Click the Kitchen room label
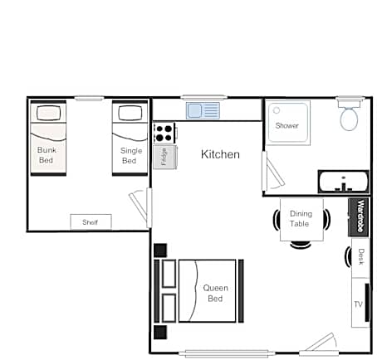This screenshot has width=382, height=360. (220, 154)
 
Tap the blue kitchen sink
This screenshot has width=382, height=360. (203, 110)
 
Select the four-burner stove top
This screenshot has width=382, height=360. (164, 133)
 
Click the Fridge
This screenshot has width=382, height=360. (165, 157)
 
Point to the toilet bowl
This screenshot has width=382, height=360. (349, 119)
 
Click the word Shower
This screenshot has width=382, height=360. (287, 126)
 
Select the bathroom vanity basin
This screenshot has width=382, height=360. (344, 182)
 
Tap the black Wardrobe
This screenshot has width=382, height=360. (359, 216)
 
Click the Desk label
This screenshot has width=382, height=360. (360, 256)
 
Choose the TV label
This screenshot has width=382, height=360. (358, 304)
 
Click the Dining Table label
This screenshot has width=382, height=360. (300, 218)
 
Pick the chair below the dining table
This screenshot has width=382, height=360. (301, 245)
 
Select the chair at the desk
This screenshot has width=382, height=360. (348, 257)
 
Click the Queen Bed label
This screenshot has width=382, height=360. (215, 293)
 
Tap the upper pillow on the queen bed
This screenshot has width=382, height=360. (169, 274)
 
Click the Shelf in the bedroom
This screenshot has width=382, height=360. (91, 221)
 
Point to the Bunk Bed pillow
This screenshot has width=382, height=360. (48, 113)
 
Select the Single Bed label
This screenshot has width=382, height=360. (130, 156)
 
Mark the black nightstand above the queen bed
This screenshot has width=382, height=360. (160, 251)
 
